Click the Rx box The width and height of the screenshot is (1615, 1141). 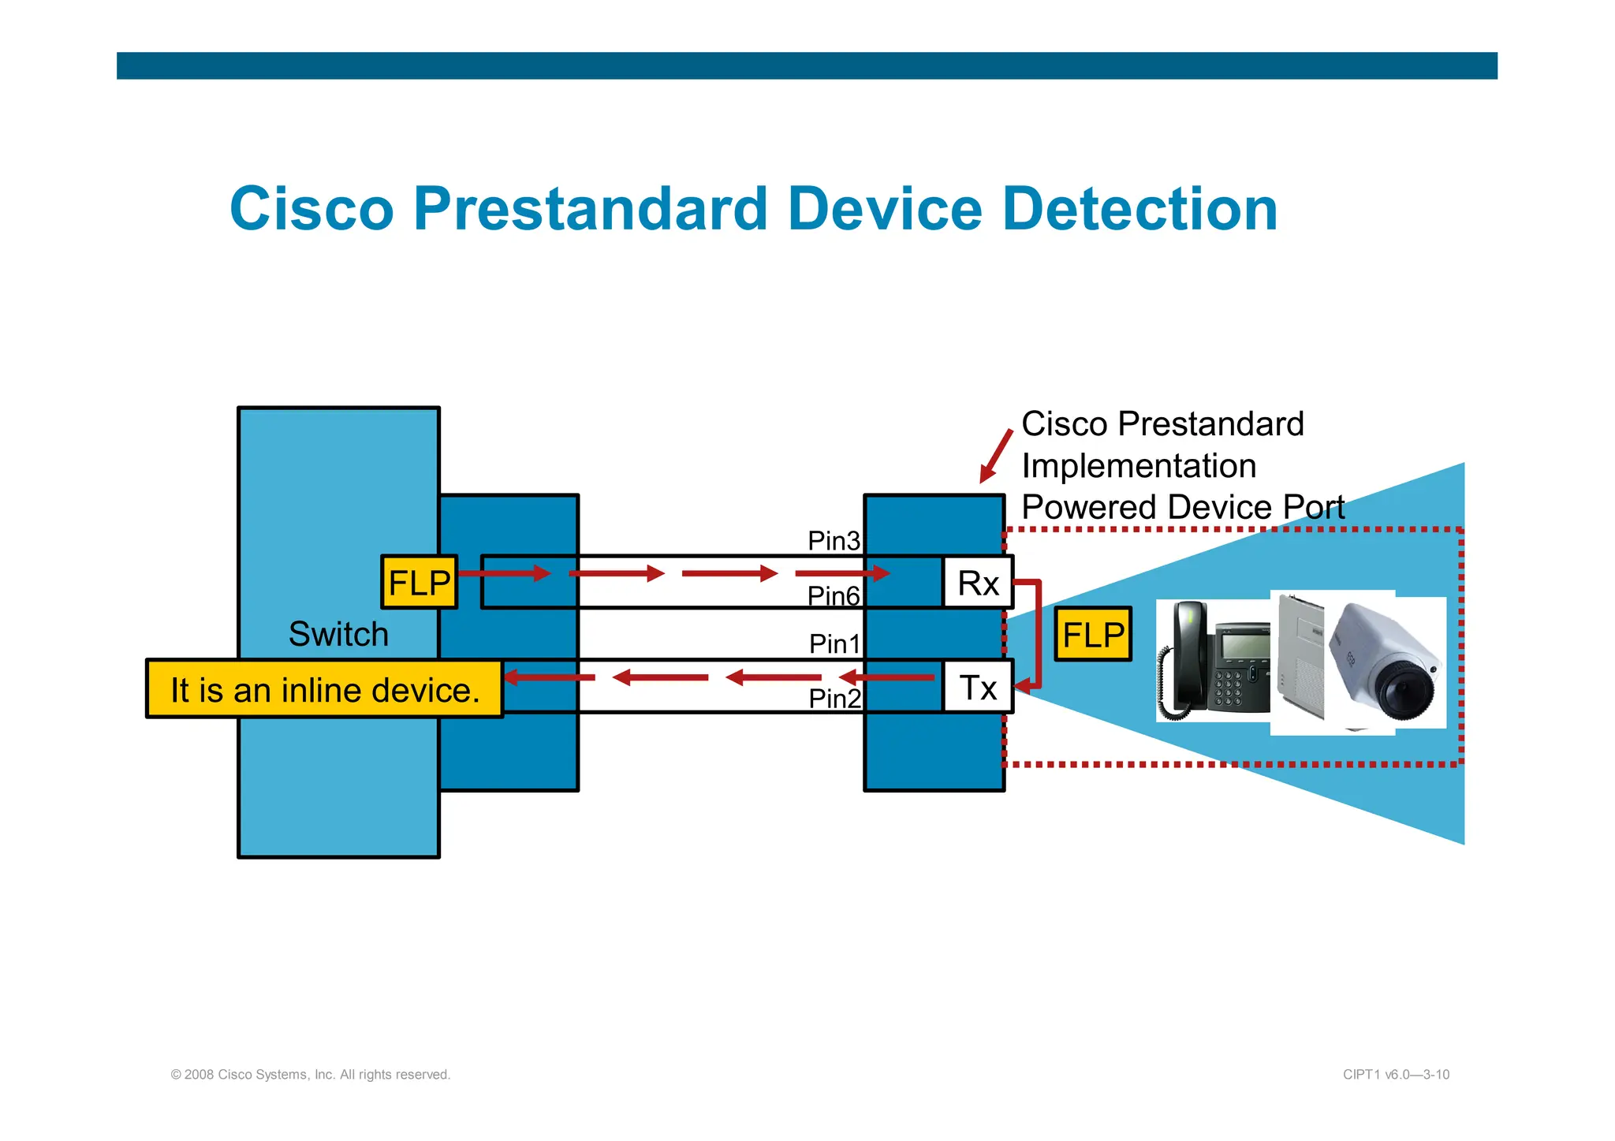tap(978, 583)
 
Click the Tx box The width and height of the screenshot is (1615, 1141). tap(978, 688)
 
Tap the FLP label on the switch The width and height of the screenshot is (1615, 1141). tap(419, 583)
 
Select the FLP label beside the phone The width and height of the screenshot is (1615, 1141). tap(1093, 634)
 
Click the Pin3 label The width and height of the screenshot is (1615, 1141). tap(834, 541)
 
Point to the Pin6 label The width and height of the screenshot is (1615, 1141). tap(834, 596)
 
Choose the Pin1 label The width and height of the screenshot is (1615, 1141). tap(834, 643)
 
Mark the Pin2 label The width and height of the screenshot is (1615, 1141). tap(834, 699)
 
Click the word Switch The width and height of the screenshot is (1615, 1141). tap(338, 634)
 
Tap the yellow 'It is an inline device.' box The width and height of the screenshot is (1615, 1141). tap(324, 690)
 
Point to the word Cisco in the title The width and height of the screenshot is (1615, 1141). tap(311, 209)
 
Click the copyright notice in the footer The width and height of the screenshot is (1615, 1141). tap(310, 1075)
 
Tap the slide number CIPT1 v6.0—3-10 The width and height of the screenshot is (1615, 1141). tap(1396, 1075)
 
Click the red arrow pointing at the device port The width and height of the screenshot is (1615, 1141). tap(995, 457)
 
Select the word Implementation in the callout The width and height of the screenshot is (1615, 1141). tap(1139, 466)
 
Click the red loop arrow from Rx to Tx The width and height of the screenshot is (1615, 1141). tap(1038, 631)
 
